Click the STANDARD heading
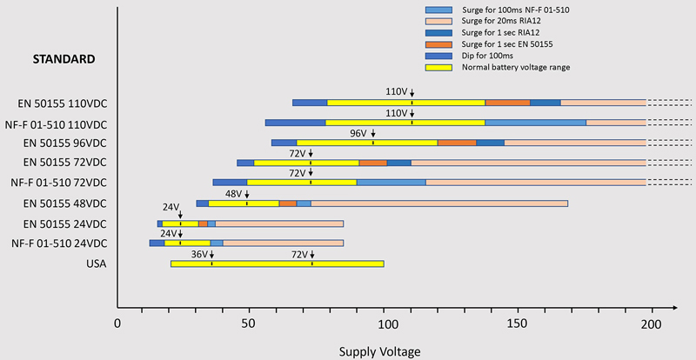pos(63,59)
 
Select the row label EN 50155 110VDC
pos(66,103)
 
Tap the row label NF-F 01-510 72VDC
pos(59,183)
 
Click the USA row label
pos(97,263)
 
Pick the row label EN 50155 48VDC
pos(66,203)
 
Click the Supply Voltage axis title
pos(378,350)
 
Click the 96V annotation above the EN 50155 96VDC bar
pos(358,134)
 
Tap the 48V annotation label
pos(233,194)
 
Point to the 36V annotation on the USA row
pos(198,254)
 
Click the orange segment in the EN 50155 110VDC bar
pos(507,103)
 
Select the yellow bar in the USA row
pos(277,263)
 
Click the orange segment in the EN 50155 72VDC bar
pos(372,163)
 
